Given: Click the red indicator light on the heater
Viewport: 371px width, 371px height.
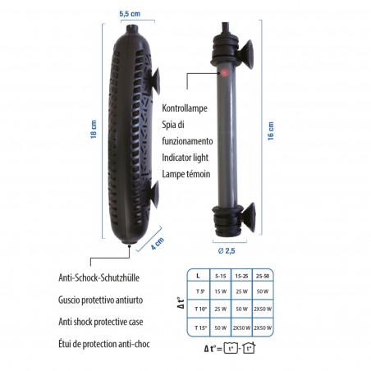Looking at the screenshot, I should tap(222, 73).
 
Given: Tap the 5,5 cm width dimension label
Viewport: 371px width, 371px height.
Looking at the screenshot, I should tap(130, 15).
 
